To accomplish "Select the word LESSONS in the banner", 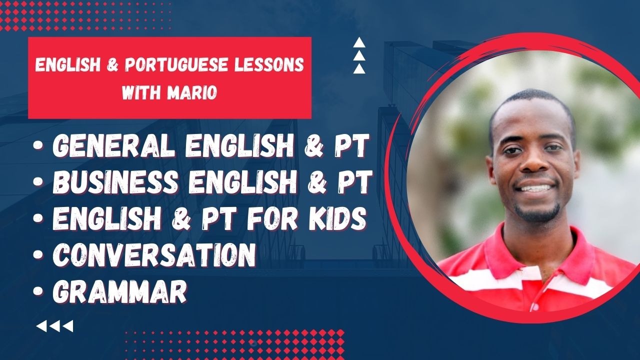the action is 269,65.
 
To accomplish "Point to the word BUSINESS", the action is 115,181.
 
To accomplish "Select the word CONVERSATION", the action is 154,255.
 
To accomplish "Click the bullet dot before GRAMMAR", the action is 37,291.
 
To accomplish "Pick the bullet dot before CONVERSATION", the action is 37,255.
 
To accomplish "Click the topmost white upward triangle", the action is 359,42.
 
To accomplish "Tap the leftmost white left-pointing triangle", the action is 41,326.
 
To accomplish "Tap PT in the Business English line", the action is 354,181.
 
